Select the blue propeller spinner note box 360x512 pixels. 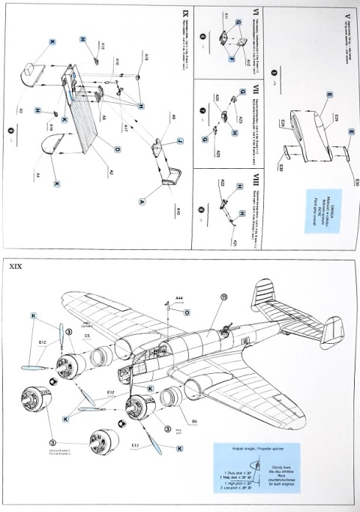(x=267, y=471)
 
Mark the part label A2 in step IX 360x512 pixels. (x=110, y=172)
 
